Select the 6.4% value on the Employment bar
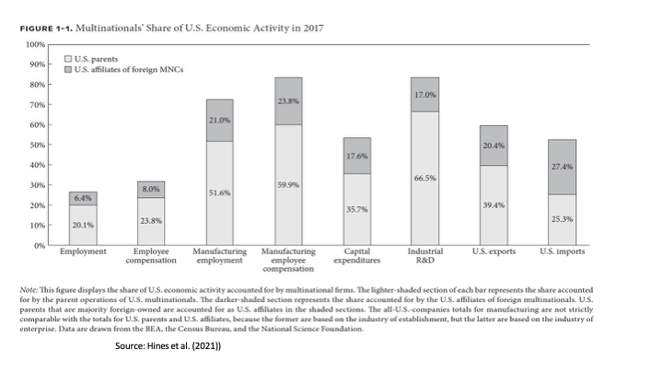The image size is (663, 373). [84, 198]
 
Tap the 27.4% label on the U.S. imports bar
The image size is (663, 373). [561, 167]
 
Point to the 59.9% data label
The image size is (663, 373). [288, 185]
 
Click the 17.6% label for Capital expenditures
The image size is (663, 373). [357, 156]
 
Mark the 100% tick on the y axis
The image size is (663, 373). [35, 44]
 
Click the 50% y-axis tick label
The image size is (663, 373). [37, 145]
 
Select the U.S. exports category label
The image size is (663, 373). [494, 251]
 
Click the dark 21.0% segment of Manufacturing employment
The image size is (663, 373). [220, 120]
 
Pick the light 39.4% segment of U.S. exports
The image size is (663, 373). [494, 204]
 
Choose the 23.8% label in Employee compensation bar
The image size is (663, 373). [150, 221]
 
